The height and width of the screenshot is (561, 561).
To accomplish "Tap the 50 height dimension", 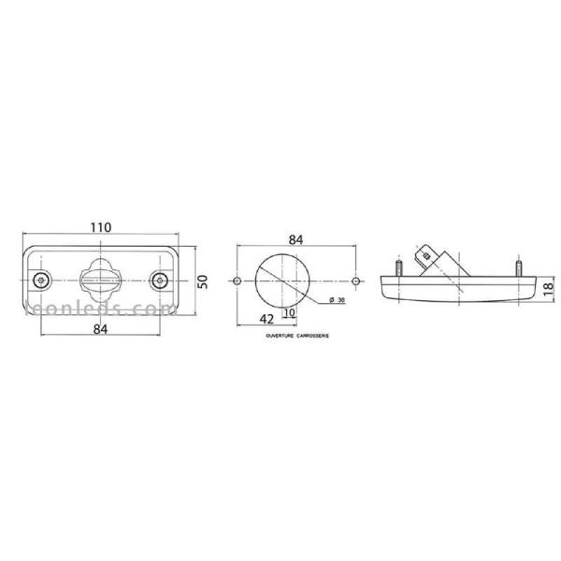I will (202, 280).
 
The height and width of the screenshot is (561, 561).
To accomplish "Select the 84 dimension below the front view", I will (100, 329).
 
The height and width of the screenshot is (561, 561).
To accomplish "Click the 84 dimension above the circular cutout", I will (295, 239).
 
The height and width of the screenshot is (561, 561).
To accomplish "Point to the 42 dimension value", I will (268, 319).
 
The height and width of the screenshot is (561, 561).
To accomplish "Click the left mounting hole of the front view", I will (39, 280).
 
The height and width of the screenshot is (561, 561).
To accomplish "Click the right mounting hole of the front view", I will (161, 280).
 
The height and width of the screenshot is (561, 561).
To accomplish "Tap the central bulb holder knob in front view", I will (100, 278).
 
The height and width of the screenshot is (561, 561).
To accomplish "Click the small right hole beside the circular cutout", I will (355, 280).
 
